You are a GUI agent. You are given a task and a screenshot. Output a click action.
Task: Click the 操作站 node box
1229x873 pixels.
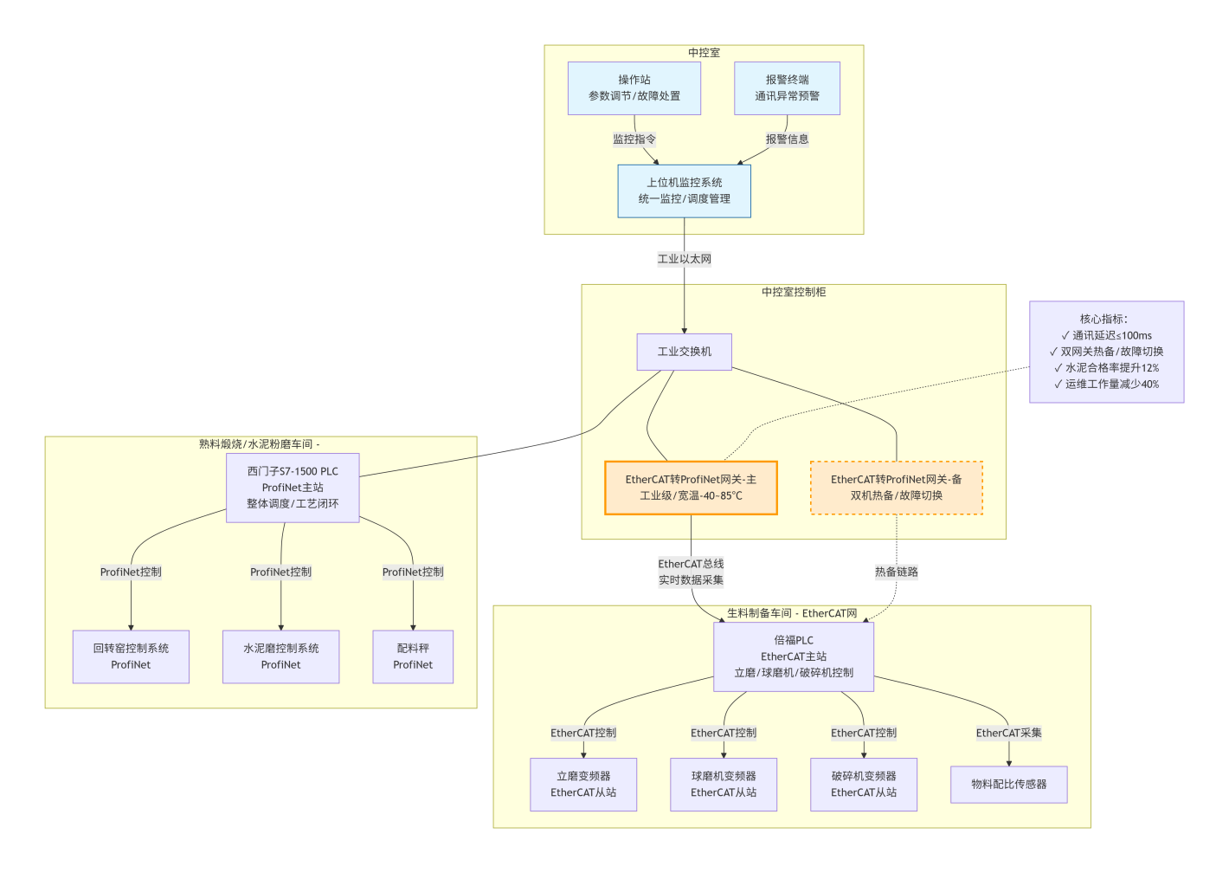click(634, 88)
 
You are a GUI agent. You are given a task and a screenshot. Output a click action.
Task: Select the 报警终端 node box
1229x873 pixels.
click(787, 88)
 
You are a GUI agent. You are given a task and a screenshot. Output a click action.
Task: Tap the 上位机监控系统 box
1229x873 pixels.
click(684, 191)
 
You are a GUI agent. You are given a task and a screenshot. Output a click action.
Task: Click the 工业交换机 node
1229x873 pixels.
click(684, 352)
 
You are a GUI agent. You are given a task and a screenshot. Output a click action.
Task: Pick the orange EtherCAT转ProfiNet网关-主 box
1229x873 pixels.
click(691, 488)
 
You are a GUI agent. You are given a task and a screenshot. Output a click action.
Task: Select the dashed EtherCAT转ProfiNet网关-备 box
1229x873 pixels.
click(896, 488)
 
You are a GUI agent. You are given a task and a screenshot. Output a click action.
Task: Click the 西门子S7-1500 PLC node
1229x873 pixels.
click(293, 488)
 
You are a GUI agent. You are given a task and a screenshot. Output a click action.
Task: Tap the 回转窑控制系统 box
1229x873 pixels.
click(131, 656)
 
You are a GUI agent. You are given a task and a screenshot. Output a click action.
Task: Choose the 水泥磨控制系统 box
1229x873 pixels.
click(280, 656)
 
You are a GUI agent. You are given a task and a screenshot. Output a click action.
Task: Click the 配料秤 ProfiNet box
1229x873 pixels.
click(413, 656)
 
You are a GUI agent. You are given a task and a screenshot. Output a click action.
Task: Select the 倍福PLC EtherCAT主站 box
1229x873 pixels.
click(794, 656)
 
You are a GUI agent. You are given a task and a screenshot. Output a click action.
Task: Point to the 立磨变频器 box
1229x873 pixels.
click(583, 785)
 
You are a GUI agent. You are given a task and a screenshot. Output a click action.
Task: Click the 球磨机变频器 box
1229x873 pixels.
click(724, 785)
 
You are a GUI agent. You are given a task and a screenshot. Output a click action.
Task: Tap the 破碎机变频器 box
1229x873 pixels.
click(864, 785)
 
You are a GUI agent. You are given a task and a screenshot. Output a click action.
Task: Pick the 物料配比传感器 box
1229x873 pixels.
click(1008, 785)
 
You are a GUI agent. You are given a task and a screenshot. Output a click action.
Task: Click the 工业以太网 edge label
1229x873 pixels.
click(684, 259)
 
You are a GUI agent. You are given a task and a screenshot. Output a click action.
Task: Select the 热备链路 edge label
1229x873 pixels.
click(896, 572)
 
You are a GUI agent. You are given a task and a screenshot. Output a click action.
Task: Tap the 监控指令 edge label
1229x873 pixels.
click(634, 139)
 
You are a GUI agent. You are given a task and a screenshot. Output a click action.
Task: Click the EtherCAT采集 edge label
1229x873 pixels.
click(1008, 733)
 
